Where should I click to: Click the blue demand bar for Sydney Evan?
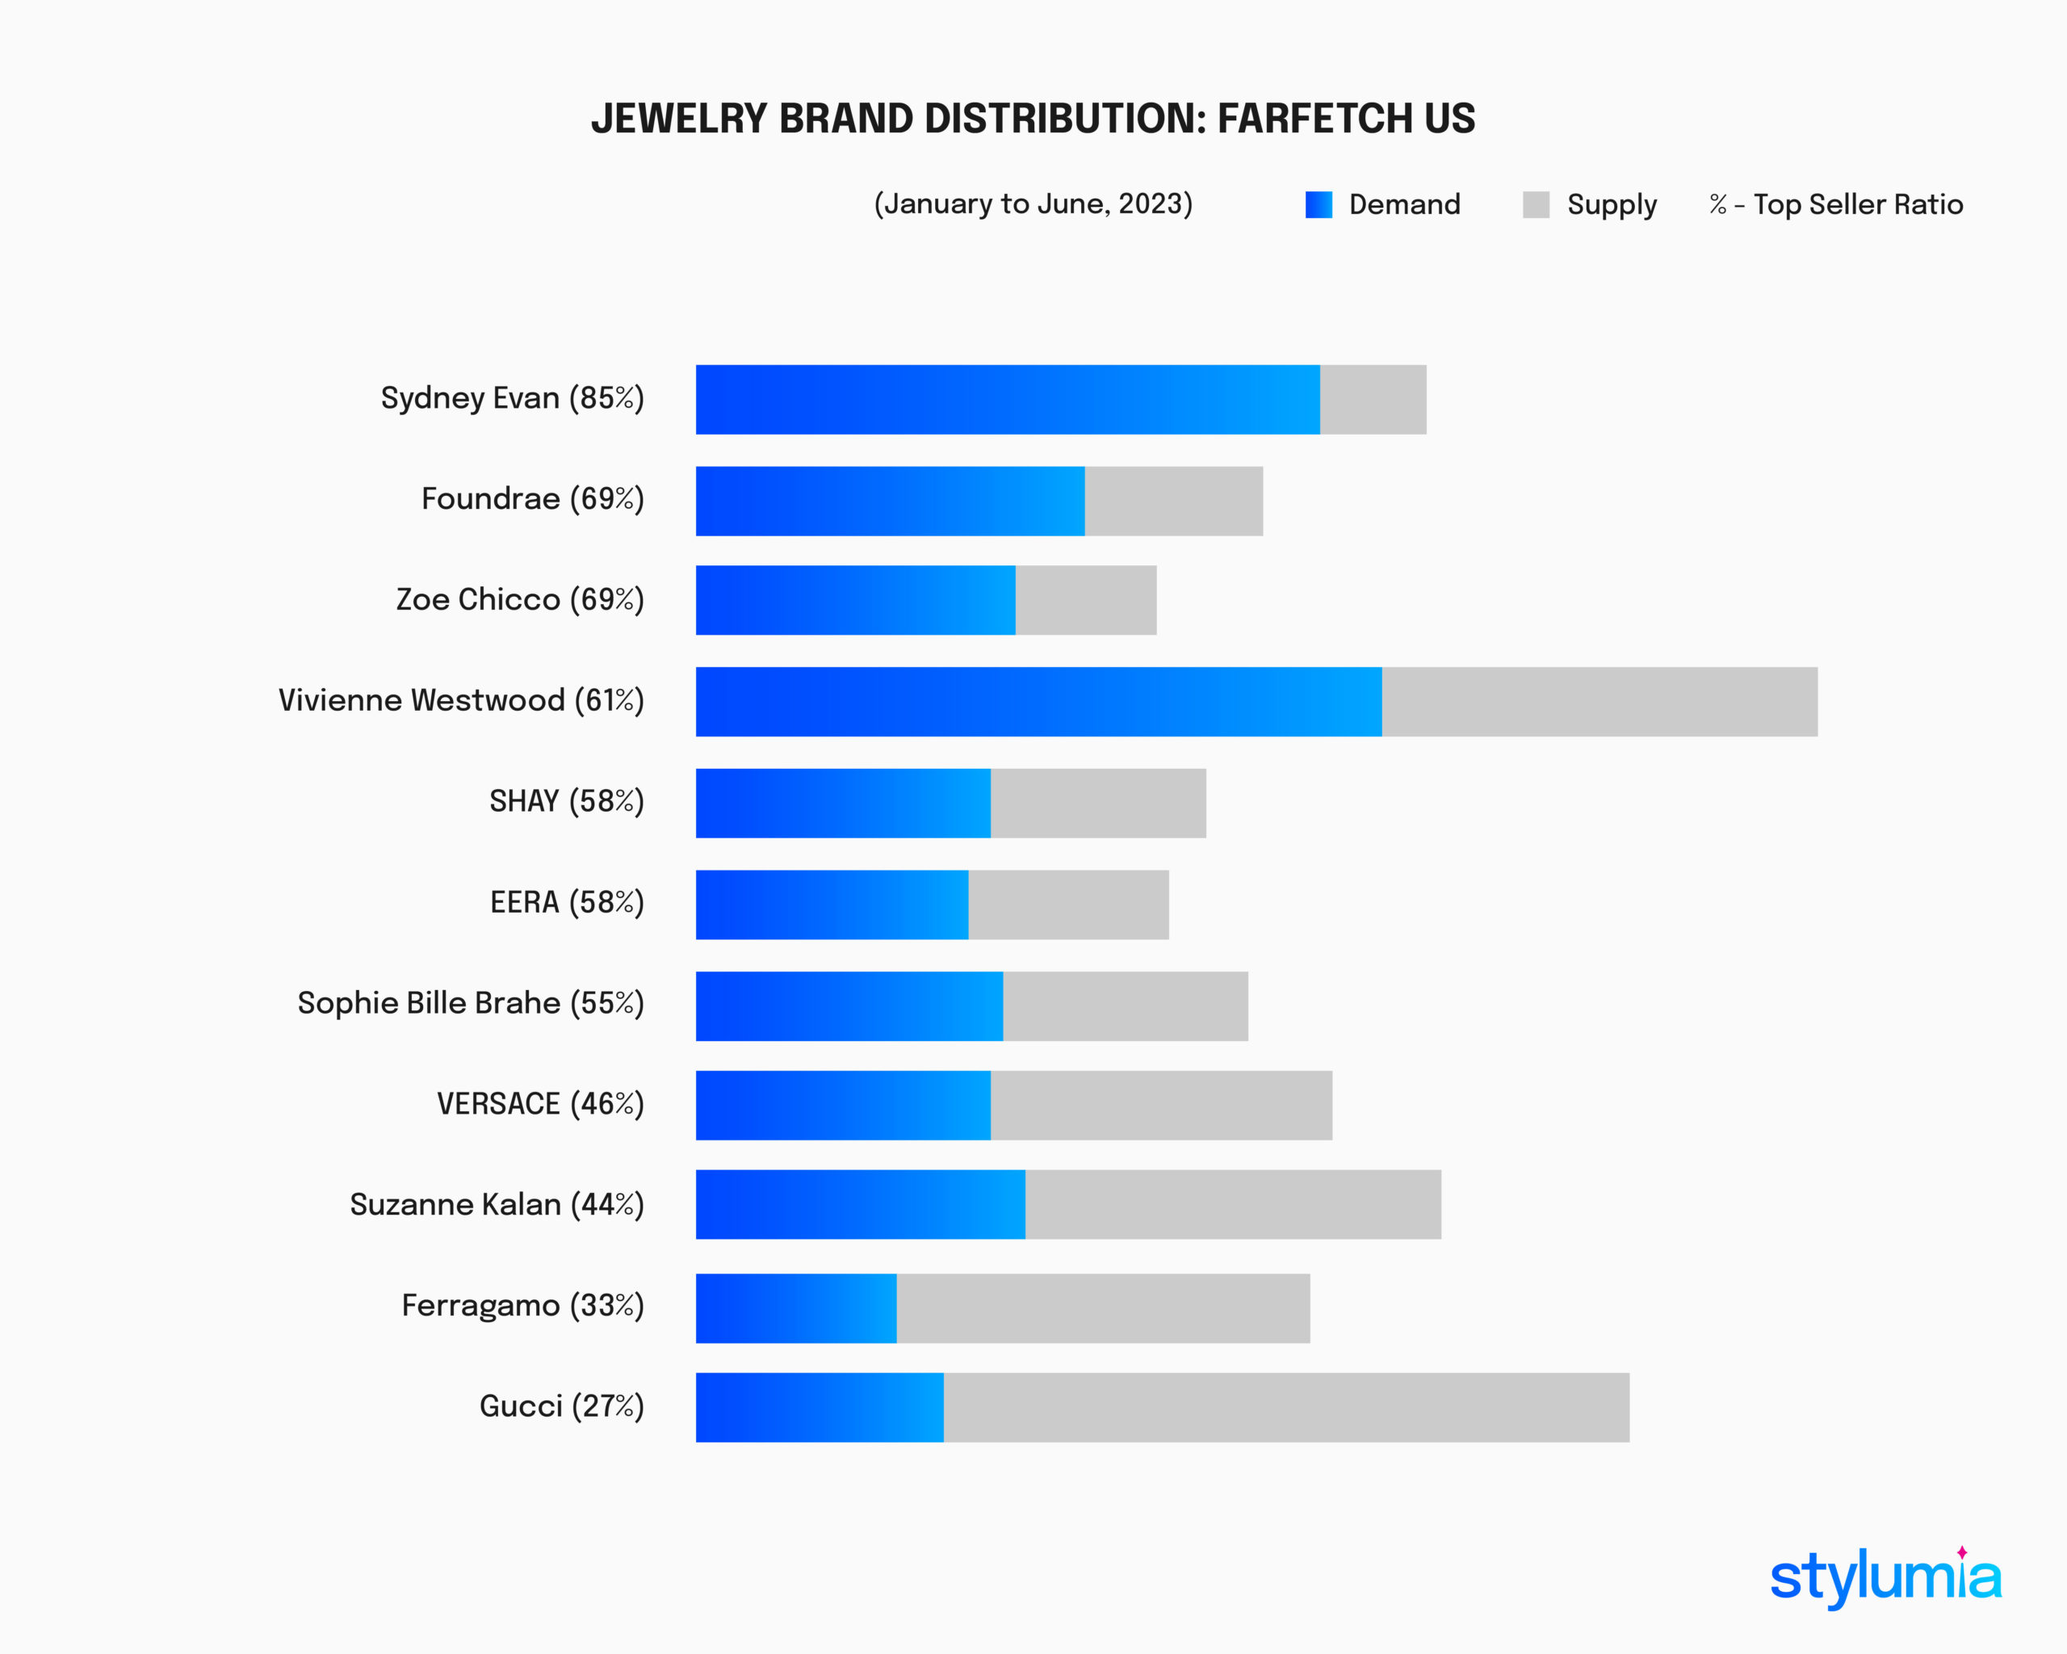pyautogui.click(x=1007, y=399)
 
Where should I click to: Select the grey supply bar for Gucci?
pyautogui.click(x=1285, y=1407)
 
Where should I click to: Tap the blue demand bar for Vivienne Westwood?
pyautogui.click(x=1038, y=701)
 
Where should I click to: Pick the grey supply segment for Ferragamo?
pyautogui.click(x=1102, y=1308)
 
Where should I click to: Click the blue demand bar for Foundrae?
pyautogui.click(x=890, y=501)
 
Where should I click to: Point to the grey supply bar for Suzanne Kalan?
pyautogui.click(x=1232, y=1203)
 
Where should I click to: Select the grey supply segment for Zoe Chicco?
pyautogui.click(x=1085, y=599)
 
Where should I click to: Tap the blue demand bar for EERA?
pyautogui.click(x=831, y=905)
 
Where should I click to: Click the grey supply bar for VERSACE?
pyautogui.click(x=1160, y=1105)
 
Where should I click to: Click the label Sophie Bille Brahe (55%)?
pyautogui.click(x=471, y=1003)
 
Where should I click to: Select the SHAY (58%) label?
pyautogui.click(x=567, y=800)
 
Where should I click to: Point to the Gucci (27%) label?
pyautogui.click(x=562, y=1406)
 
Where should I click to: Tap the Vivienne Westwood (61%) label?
pyautogui.click(x=461, y=700)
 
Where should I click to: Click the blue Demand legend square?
pyautogui.click(x=1319, y=204)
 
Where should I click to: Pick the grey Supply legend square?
pyautogui.click(x=1536, y=204)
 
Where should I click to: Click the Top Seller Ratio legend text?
pyautogui.click(x=1857, y=204)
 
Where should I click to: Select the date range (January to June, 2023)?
pyautogui.click(x=1033, y=204)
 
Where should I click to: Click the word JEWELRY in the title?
pyautogui.click(x=679, y=119)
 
